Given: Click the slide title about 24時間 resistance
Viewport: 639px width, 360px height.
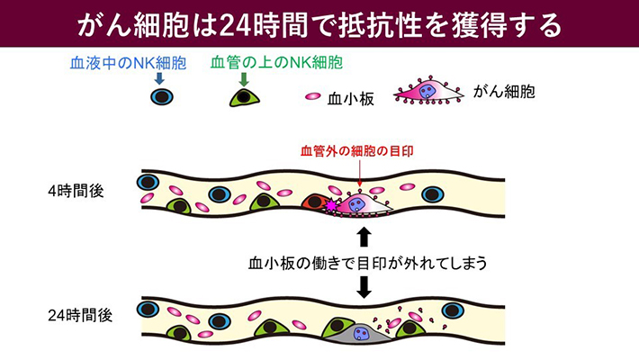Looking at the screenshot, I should (x=319, y=22).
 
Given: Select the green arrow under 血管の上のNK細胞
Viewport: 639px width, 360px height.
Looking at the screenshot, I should (x=243, y=79).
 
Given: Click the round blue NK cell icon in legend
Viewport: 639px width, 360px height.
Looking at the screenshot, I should (x=160, y=97).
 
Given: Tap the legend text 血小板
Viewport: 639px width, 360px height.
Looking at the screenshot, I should (x=350, y=94).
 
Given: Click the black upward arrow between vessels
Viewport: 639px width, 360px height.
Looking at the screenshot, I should (x=364, y=237).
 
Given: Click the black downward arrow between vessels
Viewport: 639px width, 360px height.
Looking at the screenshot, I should (x=364, y=287).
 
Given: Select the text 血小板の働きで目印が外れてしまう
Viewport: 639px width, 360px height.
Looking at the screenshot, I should (x=368, y=263).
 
